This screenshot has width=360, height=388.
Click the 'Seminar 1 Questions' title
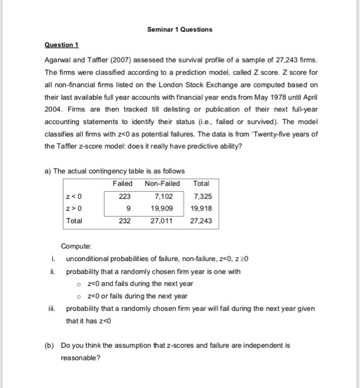pos(179,29)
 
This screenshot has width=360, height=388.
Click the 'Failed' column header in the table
pos(122,183)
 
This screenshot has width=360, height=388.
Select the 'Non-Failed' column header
pos(162,183)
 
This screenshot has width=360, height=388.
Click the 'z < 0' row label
pos(74,196)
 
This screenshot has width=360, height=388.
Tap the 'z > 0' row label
pos(74,208)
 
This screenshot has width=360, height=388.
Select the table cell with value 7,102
pos(163,196)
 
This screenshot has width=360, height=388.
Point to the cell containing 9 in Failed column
pos(129,208)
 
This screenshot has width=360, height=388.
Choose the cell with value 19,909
pos(161,208)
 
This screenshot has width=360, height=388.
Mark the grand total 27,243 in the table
pos(200,221)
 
